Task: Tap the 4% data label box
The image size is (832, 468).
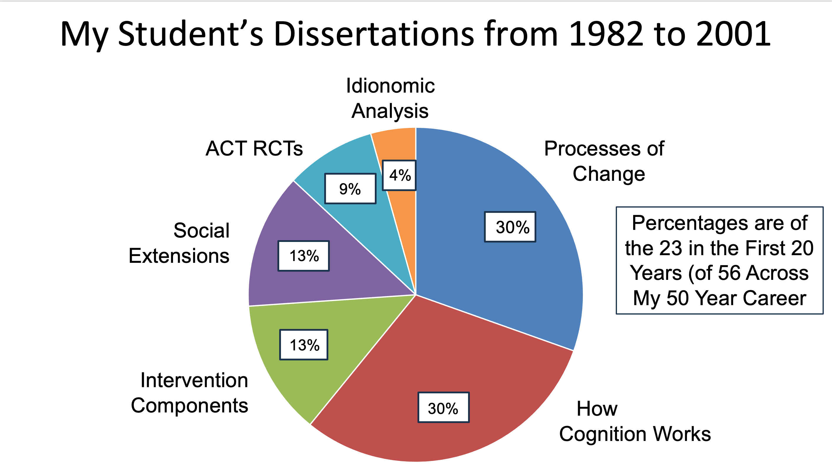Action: point(399,175)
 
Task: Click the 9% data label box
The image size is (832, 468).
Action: point(350,189)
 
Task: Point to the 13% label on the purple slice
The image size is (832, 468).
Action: point(304,256)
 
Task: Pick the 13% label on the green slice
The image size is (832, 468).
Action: point(304,345)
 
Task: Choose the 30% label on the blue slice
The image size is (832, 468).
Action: point(510,227)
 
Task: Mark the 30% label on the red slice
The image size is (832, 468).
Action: point(443,408)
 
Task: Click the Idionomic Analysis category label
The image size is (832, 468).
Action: point(390,98)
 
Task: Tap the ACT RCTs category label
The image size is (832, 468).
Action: point(254,148)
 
